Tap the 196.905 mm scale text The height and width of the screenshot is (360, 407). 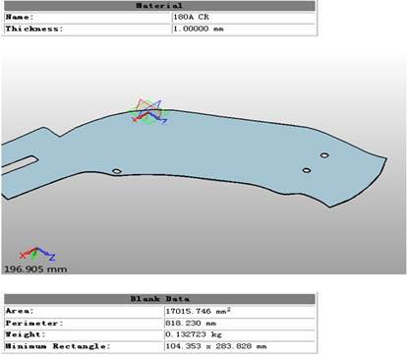click(x=36, y=269)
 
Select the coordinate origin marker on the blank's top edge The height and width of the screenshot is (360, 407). click(x=149, y=114)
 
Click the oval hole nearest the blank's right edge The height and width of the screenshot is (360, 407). click(x=324, y=154)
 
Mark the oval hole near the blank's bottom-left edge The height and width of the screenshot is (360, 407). click(x=117, y=171)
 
